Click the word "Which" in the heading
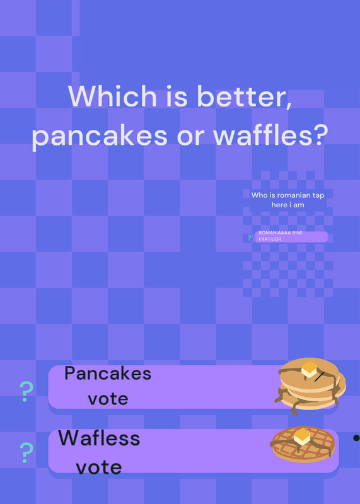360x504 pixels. click(x=112, y=96)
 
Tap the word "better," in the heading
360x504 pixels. click(x=245, y=96)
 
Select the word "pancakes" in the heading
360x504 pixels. click(x=100, y=136)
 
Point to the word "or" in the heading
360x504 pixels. click(x=190, y=137)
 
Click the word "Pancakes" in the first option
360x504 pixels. click(x=108, y=374)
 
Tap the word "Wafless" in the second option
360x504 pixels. click(x=99, y=438)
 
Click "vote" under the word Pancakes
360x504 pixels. click(x=108, y=399)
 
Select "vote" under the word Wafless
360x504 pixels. click(x=99, y=467)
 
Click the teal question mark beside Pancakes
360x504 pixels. click(x=26, y=391)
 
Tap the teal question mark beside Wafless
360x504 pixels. click(x=26, y=452)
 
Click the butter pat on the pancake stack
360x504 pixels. click(x=309, y=369)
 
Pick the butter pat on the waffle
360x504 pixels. click(x=302, y=437)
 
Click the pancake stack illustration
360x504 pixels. click(x=310, y=386)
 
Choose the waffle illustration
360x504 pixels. click(x=303, y=444)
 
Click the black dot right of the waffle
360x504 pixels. click(x=356, y=438)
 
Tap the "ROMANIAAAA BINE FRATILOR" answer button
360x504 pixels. click(x=291, y=237)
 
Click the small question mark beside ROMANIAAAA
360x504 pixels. click(x=249, y=238)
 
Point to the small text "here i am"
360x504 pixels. click(x=287, y=205)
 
